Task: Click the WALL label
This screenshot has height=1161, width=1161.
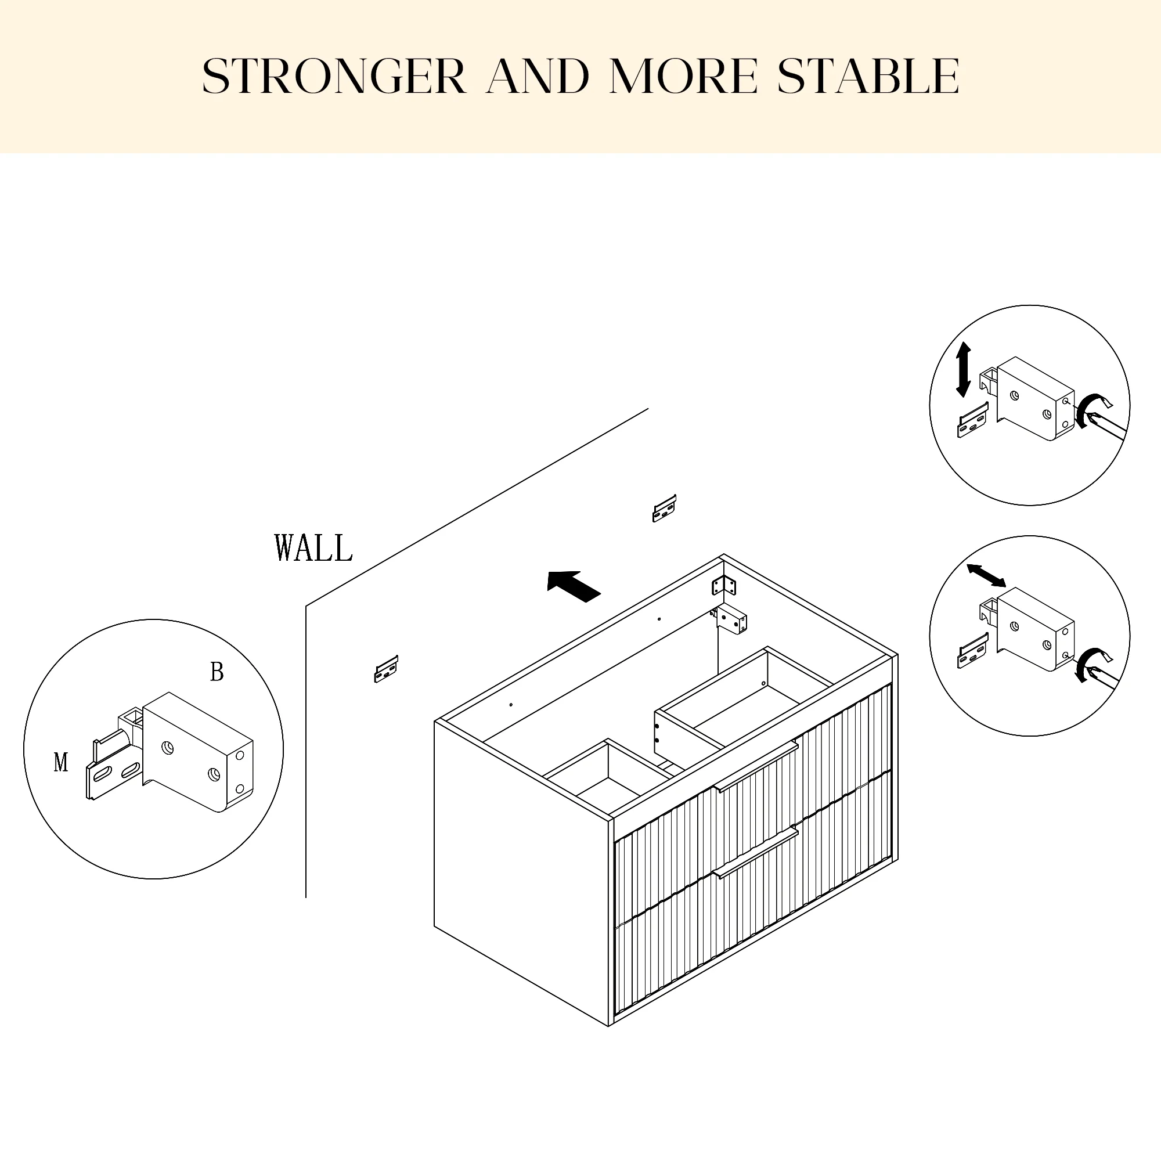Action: pyautogui.click(x=313, y=548)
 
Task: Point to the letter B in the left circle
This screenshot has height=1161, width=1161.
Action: pyautogui.click(x=217, y=672)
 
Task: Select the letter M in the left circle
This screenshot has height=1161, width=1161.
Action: pyautogui.click(x=61, y=763)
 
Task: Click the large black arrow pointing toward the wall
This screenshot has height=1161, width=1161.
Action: pyautogui.click(x=574, y=585)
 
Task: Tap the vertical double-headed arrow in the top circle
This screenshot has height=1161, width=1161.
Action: pyautogui.click(x=963, y=370)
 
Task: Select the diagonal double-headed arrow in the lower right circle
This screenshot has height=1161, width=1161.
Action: pyautogui.click(x=986, y=576)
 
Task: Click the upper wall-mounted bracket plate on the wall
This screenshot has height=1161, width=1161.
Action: pyautogui.click(x=664, y=509)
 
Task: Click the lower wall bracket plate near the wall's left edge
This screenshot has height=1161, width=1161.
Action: pyautogui.click(x=387, y=669)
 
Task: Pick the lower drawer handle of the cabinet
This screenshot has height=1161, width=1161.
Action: pyautogui.click(x=755, y=852)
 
